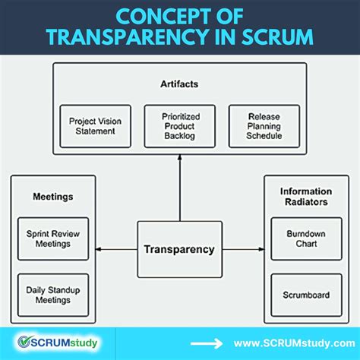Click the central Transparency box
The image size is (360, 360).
coord(180,249)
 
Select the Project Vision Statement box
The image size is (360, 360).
coord(95,126)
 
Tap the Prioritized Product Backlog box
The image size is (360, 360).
coord(180,126)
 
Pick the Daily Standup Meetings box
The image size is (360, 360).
coord(53,295)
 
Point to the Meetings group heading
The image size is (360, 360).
coord(53,196)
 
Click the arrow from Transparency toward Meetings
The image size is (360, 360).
coord(117,249)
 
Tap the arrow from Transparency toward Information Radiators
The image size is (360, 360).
coord(242,249)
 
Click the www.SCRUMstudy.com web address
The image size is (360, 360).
coord(292,343)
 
